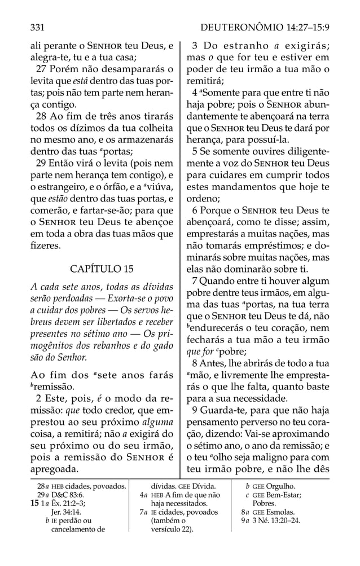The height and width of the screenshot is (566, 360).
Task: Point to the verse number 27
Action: pyautogui.click(x=41, y=71)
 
